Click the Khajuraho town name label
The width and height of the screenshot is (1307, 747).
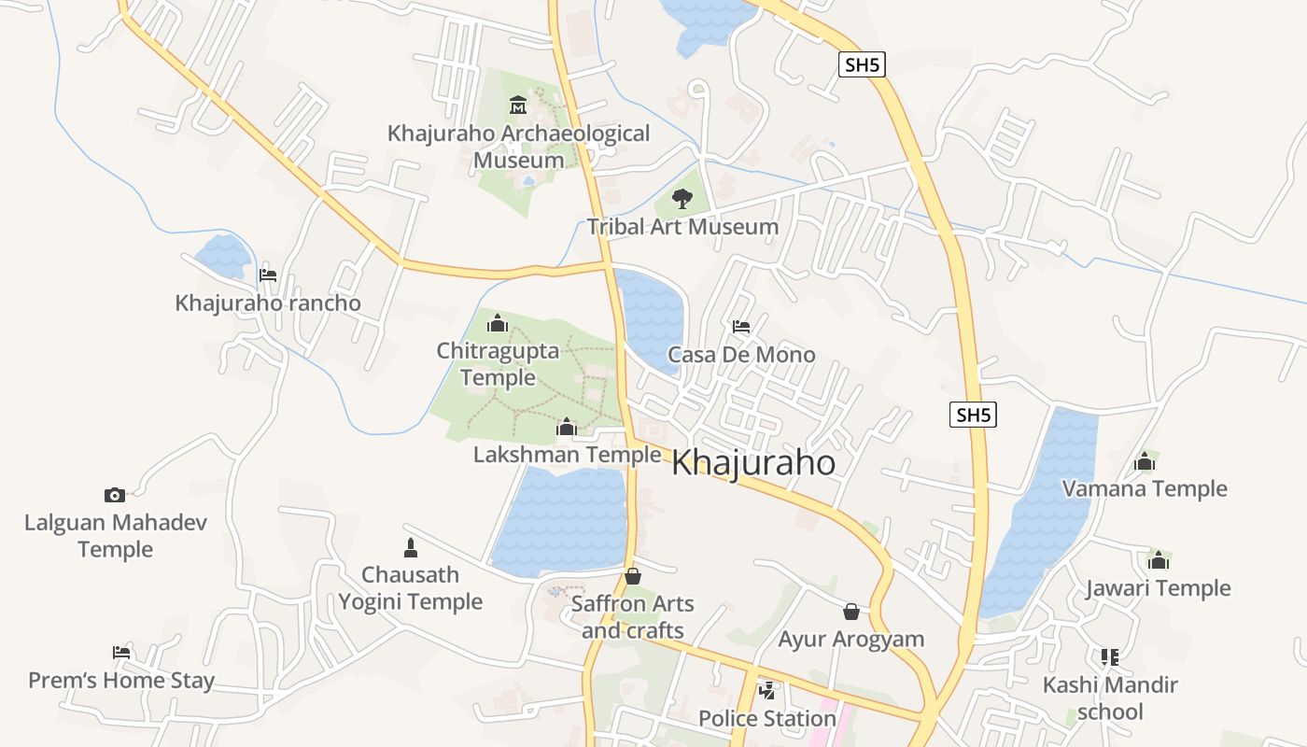pos(753,462)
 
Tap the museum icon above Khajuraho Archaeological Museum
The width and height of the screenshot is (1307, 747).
pos(518,105)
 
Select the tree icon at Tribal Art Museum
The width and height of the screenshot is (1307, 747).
pos(682,198)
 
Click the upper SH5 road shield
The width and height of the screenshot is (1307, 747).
pos(861,64)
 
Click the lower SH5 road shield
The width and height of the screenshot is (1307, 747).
pos(973,415)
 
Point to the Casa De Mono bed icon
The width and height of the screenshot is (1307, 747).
pos(741,327)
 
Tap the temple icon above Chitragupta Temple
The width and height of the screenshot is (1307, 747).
pos(498,323)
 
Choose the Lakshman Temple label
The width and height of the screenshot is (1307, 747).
pos(567,455)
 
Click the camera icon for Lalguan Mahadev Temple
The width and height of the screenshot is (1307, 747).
pos(115,495)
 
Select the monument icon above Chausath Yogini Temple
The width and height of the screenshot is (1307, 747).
pos(410,547)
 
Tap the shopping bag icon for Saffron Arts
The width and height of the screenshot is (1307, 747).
pos(633,576)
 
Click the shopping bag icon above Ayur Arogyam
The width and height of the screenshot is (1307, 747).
pos(851,612)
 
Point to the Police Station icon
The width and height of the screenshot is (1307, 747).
pos(767,691)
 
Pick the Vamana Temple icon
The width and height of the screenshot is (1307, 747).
pos(1145,461)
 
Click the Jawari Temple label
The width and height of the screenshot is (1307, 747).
pos(1158,588)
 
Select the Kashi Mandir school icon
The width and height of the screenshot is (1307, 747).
pos(1109,657)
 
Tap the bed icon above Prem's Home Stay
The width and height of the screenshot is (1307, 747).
pos(120,652)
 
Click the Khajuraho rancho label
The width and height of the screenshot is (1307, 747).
pos(268,303)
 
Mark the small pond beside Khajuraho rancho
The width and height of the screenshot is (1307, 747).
pos(222,255)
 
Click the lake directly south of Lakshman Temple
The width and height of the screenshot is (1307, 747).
pos(560,523)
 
